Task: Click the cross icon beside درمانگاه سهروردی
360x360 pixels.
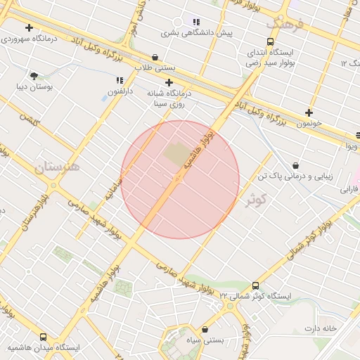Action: pos(29,28)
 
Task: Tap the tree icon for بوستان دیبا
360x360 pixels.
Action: pos(34,75)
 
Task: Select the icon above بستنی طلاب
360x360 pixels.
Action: pos(155,57)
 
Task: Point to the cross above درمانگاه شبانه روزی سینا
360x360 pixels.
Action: pos(169,82)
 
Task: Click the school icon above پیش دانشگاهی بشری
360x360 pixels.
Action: pos(196,22)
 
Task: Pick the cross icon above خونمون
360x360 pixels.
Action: pos(309,112)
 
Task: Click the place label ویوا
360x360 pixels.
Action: pos(351,146)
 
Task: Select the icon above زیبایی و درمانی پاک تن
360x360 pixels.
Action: pos(295,165)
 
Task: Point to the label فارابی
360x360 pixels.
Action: pos(349,189)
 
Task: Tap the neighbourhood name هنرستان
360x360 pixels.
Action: pos(56,168)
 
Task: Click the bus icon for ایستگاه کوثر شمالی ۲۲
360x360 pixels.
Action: pos(255,286)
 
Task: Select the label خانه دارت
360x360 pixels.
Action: pos(321,329)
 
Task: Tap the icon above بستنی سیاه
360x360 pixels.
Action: pos(205,329)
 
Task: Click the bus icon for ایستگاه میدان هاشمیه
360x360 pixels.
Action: pos(44,337)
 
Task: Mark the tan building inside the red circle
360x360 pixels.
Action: pos(176,153)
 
